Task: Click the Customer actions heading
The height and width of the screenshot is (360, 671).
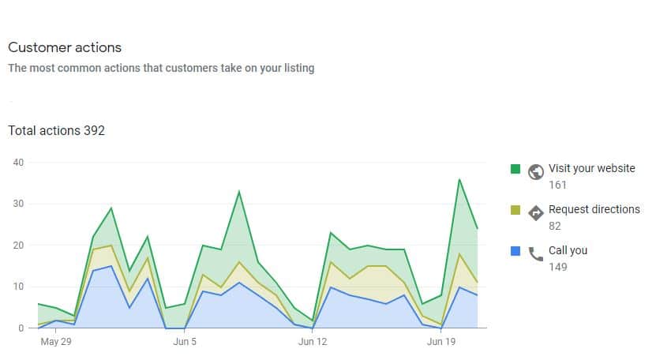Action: point(65,48)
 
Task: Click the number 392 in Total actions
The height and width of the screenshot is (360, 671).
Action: point(94,130)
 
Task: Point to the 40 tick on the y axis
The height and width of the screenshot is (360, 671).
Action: point(19,163)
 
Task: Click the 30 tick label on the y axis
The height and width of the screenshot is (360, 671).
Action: point(19,204)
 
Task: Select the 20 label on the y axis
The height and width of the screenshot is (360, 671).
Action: point(19,246)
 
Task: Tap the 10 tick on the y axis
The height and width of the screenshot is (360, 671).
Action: point(19,287)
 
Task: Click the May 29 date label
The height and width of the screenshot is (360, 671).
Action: point(56,343)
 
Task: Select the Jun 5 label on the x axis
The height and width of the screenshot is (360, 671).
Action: point(185,343)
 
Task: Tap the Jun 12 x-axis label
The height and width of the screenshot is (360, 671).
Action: point(313,343)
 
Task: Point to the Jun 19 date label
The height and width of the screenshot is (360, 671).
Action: point(441,343)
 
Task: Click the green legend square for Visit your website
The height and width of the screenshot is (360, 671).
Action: point(515,169)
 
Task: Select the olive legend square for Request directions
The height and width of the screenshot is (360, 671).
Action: point(515,210)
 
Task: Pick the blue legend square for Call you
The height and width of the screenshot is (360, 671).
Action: point(515,251)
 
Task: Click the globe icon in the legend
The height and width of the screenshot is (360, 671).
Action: point(536,171)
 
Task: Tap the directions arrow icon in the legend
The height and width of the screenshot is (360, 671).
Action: point(536,212)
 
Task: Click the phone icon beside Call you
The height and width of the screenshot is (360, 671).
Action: point(536,253)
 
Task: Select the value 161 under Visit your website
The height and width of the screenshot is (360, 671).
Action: point(558,185)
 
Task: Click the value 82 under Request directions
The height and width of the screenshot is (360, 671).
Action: point(556,226)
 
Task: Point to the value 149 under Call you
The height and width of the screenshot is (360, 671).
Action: point(558,267)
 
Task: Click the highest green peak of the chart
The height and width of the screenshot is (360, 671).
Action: point(459,179)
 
